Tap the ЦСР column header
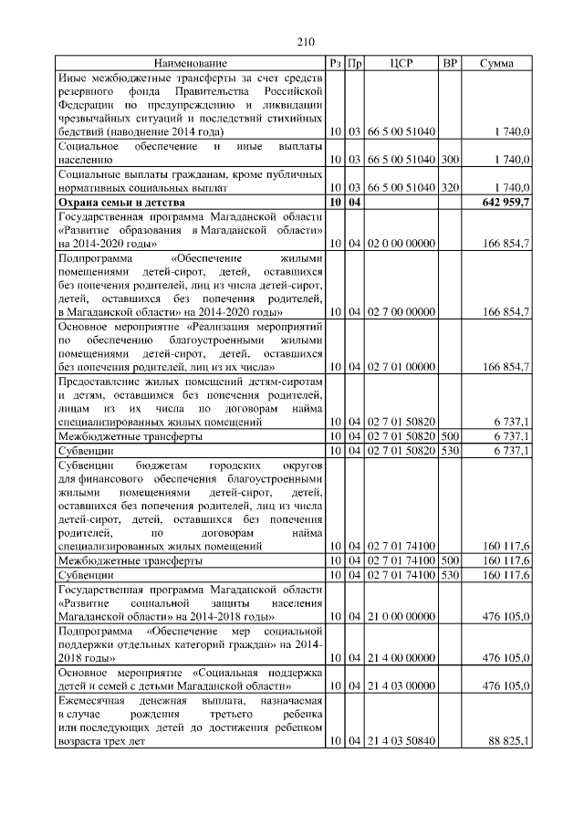click(x=401, y=63)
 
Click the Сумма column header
click(x=496, y=63)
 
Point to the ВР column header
click(x=449, y=63)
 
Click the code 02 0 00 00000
click(x=401, y=244)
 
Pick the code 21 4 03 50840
click(x=401, y=742)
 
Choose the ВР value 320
click(x=449, y=186)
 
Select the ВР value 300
click(x=449, y=159)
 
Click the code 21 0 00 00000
click(x=401, y=617)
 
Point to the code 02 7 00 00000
click(x=401, y=313)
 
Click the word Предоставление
click(x=100, y=382)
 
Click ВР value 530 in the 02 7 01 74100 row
click(x=449, y=576)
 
